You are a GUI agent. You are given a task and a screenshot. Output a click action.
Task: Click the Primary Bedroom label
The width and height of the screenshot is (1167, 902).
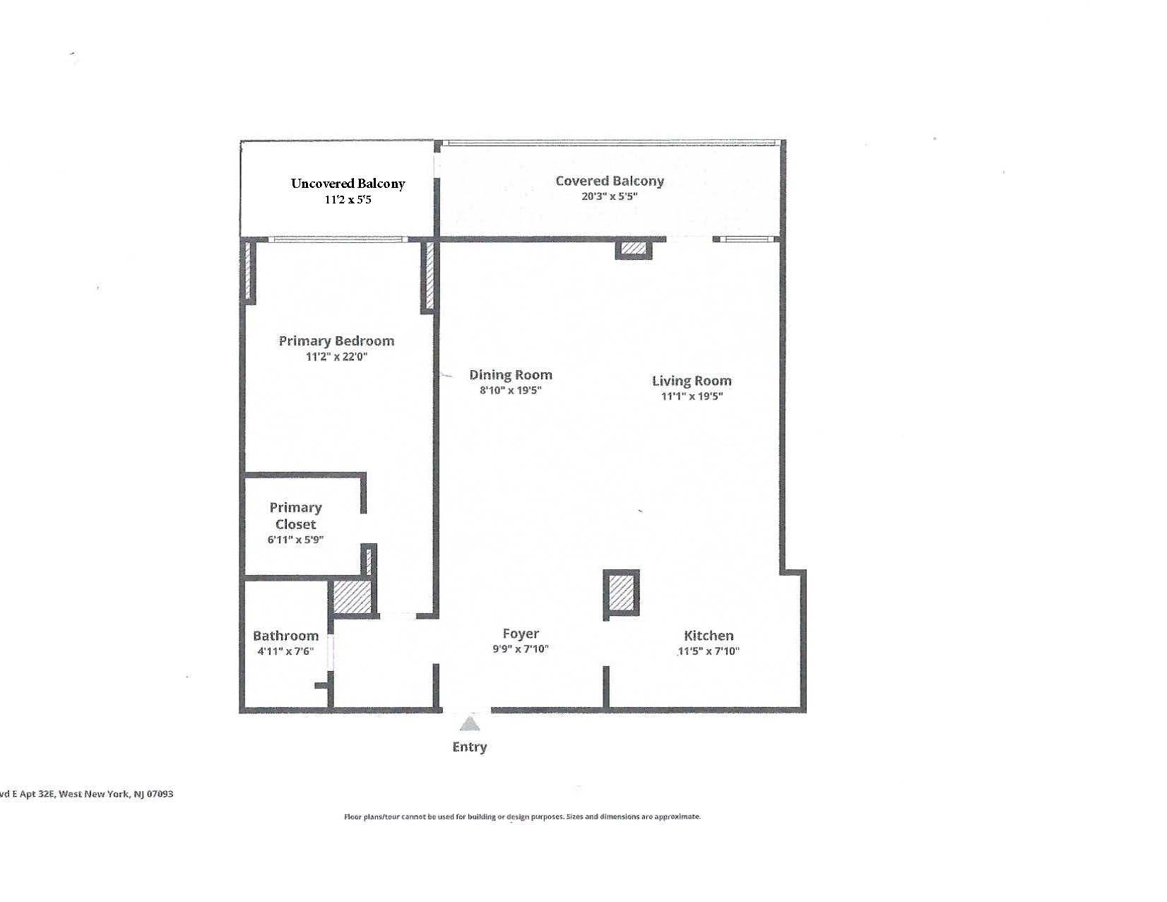336,341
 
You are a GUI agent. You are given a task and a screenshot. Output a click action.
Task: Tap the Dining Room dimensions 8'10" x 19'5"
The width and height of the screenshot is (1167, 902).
510,391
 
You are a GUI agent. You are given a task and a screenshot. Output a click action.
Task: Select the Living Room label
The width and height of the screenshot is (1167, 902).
692,381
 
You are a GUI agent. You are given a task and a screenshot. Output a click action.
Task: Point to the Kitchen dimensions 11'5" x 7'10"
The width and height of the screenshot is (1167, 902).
708,651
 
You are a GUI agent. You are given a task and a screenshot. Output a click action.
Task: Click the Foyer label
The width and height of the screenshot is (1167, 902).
521,634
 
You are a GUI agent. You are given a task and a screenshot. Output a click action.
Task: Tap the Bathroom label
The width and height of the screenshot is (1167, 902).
285,636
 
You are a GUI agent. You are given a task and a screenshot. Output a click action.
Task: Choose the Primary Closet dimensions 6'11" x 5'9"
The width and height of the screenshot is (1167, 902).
295,540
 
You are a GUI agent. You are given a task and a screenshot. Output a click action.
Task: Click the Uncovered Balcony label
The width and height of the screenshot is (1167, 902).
348,184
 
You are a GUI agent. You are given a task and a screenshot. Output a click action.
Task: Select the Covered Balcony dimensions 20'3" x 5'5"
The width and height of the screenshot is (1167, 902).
610,196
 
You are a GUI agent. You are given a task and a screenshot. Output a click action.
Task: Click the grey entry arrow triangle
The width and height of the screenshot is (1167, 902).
470,724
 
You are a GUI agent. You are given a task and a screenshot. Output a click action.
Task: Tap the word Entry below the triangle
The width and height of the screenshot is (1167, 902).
470,747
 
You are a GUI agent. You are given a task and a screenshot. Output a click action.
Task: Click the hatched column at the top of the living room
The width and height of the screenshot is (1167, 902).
634,249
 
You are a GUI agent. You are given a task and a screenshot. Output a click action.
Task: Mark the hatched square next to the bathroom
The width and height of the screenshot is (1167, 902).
351,597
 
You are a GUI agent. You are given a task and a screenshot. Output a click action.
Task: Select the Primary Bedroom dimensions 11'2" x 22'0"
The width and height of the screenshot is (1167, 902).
336,357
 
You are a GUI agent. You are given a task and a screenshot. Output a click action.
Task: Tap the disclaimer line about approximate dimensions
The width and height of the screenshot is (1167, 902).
522,817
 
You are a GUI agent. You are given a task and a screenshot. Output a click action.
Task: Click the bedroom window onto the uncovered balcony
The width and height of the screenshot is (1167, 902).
338,240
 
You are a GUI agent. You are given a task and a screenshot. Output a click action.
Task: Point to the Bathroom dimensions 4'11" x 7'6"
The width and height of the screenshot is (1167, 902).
285,651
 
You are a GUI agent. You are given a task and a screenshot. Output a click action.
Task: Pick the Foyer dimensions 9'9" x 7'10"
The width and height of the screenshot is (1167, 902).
521,649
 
